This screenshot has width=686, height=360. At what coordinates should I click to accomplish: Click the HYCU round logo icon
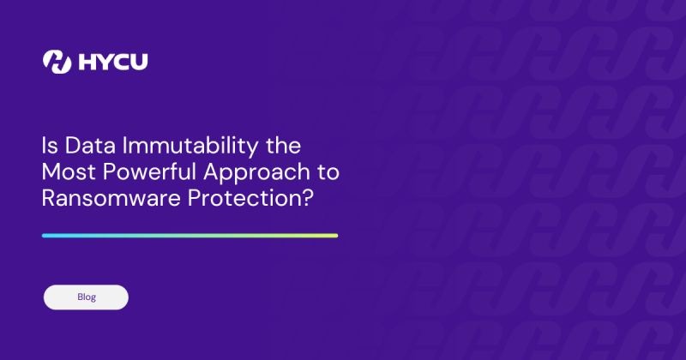(x=57, y=62)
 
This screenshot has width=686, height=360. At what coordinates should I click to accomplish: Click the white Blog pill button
(x=86, y=297)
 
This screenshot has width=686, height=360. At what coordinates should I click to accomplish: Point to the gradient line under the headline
(x=190, y=235)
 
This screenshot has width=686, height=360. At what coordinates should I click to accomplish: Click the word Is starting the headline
(x=49, y=144)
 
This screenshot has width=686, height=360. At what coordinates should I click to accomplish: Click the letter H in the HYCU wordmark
(x=86, y=62)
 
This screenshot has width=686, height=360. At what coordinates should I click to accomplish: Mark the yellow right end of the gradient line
(x=334, y=235)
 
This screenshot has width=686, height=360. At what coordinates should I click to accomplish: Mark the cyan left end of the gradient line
(x=45, y=235)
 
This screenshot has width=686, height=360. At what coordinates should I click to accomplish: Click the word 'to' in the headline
(x=328, y=171)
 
